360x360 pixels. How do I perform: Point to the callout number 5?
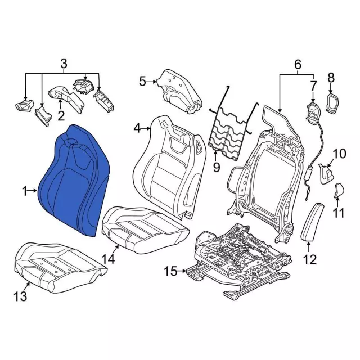142,82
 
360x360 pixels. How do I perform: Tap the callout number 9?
216,167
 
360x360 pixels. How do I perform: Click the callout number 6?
297,65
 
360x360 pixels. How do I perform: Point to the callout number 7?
313,85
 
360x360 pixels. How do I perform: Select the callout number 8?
331,77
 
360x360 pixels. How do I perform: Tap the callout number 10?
339,153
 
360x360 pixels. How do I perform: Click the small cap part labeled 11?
339,190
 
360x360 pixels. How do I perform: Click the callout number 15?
170,272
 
